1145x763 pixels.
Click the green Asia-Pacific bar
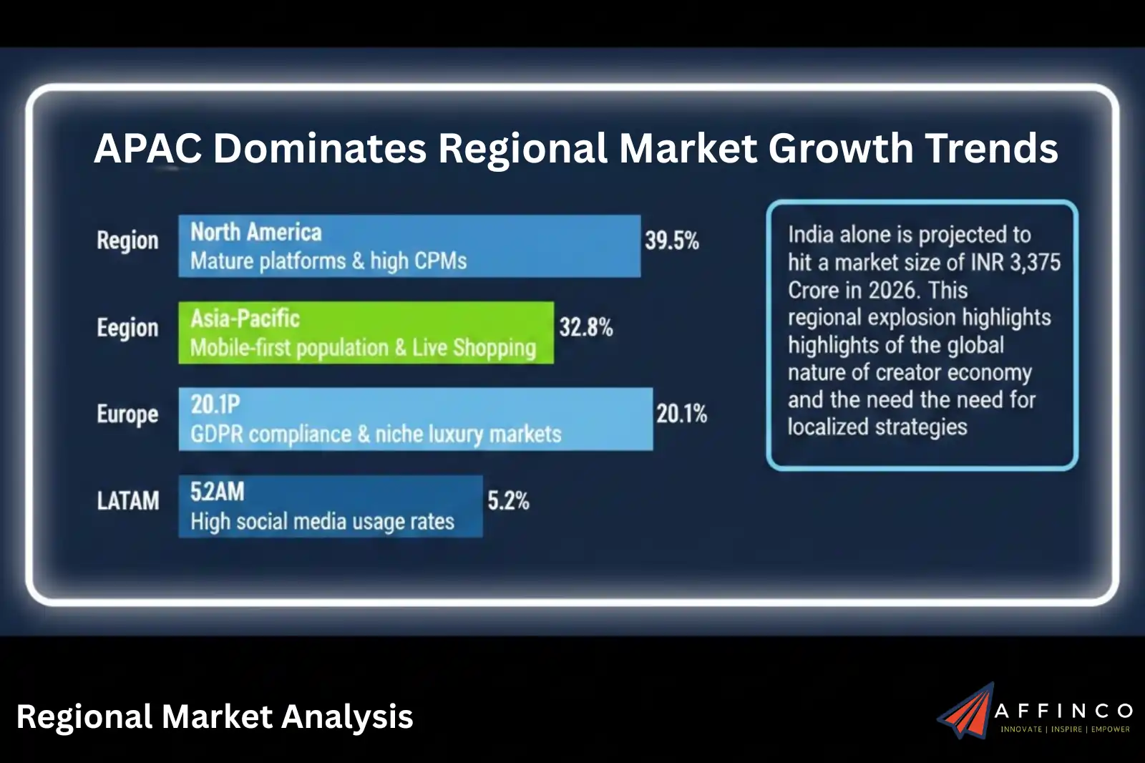[366, 332]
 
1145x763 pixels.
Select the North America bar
[409, 246]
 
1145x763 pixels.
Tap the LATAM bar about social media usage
[330, 506]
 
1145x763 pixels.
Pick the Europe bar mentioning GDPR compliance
[415, 419]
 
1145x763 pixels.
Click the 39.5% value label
[671, 240]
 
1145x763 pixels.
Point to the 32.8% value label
[585, 328]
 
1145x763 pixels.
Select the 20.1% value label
[681, 414]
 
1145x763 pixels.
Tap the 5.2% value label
[508, 500]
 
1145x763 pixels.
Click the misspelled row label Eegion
[127, 328]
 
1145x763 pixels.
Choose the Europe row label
[127, 414]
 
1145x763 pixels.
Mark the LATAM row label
[128, 500]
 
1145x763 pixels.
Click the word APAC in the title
[147, 148]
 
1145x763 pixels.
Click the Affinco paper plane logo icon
[965, 711]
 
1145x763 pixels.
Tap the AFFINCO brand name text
[1063, 711]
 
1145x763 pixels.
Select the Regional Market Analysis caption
[215, 716]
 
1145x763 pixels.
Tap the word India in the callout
[811, 235]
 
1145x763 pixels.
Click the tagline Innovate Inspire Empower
[1065, 729]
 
